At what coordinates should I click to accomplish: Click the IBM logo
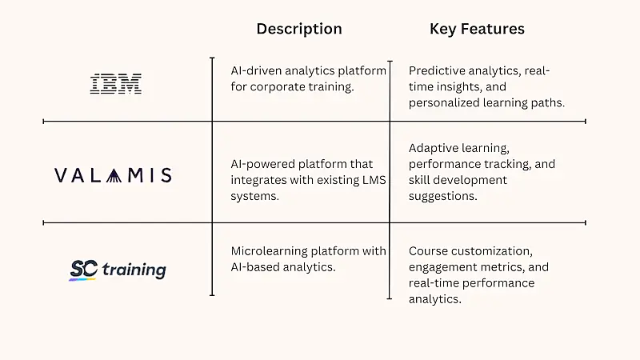(x=115, y=84)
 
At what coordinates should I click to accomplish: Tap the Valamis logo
(x=113, y=175)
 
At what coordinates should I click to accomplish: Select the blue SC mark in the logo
(x=82, y=270)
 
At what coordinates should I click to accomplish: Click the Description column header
(x=298, y=29)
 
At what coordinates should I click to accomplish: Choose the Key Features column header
(x=477, y=29)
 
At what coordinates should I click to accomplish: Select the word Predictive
(x=437, y=70)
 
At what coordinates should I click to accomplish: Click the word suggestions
(x=443, y=196)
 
